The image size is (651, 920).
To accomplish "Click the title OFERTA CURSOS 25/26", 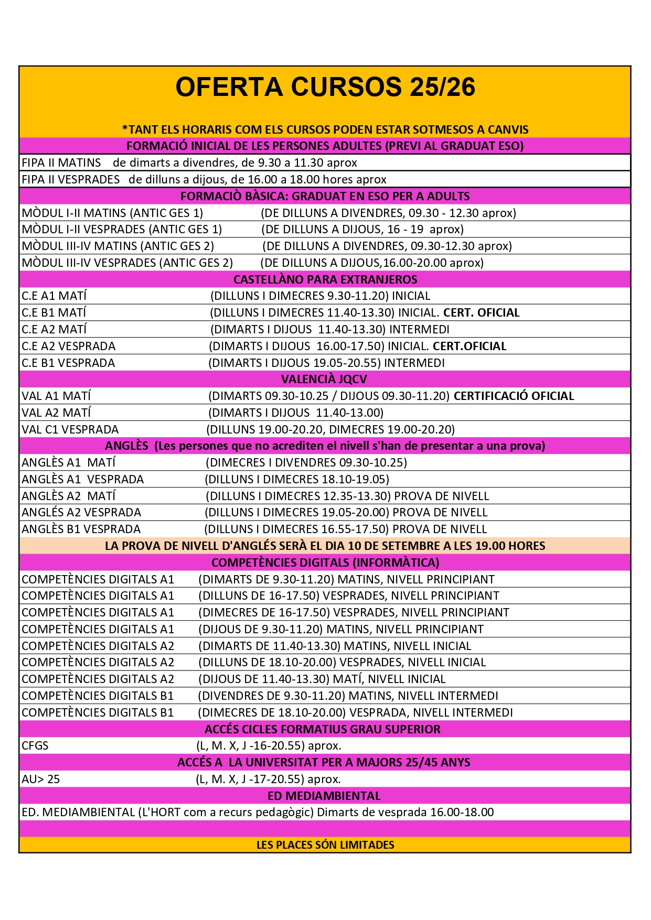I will tap(325, 87).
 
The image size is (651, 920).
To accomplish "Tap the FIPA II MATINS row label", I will tap(61, 163).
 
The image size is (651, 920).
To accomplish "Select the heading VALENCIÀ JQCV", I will tap(324, 379).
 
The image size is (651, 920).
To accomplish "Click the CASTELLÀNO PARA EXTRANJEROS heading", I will tap(325, 279).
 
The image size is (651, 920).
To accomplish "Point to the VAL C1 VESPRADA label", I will tap(70, 429).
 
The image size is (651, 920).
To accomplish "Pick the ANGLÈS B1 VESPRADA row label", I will tap(81, 529).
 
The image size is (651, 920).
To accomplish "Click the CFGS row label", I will tap(35, 745).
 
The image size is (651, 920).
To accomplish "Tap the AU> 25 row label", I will tap(41, 779).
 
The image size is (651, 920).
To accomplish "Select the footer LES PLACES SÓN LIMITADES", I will tap(325, 845).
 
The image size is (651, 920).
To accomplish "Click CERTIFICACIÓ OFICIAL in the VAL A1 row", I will tap(514, 396).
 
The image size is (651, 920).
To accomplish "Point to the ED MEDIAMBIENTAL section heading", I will tap(324, 796).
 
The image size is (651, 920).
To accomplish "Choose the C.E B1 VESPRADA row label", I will tap(68, 363).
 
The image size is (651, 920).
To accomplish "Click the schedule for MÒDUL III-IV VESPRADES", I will tap(372, 263).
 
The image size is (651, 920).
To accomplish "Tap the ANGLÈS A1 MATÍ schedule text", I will tap(306, 462).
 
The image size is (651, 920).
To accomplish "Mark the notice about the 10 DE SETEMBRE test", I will tap(325, 546).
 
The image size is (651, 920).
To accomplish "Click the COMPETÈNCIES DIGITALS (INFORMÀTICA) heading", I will tap(325, 562).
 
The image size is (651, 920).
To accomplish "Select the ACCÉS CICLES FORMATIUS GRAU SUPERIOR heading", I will tap(323, 729).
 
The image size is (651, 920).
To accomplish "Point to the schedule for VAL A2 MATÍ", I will tap(296, 413).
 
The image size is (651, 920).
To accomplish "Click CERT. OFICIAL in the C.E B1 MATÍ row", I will tap(481, 312).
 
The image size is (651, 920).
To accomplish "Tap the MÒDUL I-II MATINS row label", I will tap(112, 213).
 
